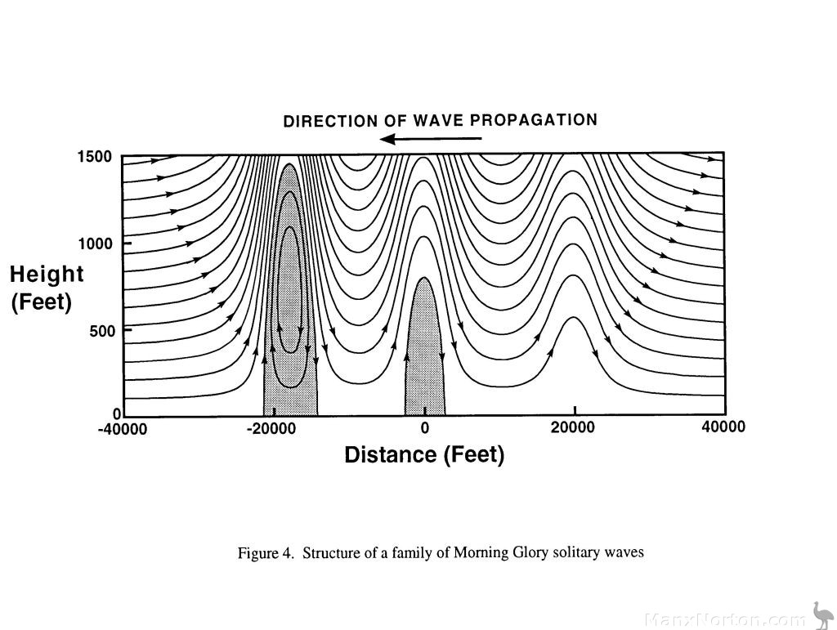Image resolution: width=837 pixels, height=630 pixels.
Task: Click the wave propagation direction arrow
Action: pos(431,139)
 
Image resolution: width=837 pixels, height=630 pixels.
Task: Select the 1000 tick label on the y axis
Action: pos(95,244)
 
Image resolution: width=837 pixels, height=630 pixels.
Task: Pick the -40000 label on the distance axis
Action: pos(123,430)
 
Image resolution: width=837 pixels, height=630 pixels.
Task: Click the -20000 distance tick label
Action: pos(273,429)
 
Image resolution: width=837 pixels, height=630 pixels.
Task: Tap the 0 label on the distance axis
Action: pos(424,428)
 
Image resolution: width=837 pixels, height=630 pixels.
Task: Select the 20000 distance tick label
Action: pos(575,427)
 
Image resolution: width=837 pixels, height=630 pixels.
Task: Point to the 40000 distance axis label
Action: pos(723,427)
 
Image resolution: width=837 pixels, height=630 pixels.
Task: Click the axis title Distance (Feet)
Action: pos(424,455)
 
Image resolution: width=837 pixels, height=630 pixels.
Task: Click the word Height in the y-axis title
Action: pos(47,275)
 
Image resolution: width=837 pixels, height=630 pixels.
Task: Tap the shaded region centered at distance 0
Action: pos(424,360)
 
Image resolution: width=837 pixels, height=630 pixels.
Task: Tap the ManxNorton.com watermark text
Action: pos(724,619)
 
